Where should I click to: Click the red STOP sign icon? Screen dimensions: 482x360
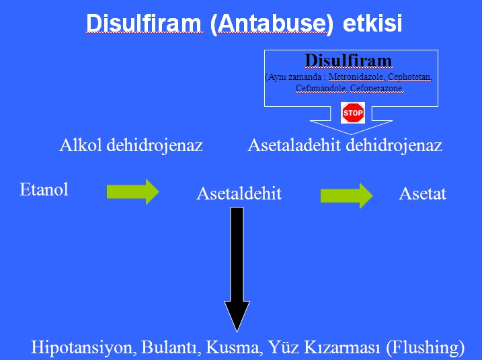click(353, 113)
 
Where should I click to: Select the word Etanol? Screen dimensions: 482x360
click(44, 189)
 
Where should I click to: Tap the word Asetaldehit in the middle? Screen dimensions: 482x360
click(239, 193)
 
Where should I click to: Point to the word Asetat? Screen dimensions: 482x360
click(422, 194)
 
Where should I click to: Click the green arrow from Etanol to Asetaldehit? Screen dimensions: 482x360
click(133, 191)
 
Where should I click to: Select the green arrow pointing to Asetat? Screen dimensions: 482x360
click(347, 195)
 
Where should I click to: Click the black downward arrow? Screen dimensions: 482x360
click(237, 269)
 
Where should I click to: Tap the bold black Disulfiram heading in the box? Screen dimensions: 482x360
click(349, 60)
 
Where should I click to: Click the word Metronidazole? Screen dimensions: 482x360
click(356, 77)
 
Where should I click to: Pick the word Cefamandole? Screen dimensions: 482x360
click(321, 89)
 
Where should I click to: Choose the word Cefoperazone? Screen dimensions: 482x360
click(377, 89)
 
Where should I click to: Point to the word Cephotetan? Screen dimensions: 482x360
click(410, 77)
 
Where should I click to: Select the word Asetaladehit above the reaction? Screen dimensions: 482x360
click(294, 145)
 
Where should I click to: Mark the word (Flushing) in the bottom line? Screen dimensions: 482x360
click(425, 348)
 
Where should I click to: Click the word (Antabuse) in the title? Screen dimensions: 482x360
click(272, 24)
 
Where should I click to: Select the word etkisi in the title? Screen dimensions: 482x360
click(372, 23)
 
